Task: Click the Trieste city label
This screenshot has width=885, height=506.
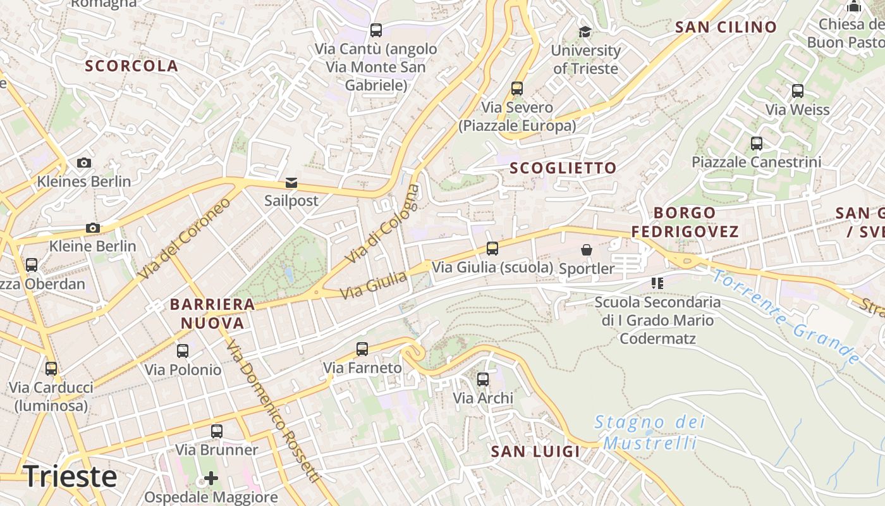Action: [70, 476]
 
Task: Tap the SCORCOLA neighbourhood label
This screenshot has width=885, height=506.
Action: [131, 66]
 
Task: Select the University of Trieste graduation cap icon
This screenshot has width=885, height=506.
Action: [585, 32]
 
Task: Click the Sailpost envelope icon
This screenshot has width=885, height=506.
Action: [291, 183]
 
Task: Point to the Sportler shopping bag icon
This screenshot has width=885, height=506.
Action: [587, 250]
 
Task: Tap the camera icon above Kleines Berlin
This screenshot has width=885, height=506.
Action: [83, 163]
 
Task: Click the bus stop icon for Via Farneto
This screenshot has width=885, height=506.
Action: [362, 349]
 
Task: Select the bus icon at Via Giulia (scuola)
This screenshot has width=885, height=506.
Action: [492, 249]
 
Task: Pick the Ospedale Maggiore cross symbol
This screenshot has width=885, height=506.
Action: [211, 478]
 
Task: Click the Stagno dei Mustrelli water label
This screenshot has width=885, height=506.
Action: [650, 432]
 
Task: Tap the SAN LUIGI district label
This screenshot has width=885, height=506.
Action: [535, 452]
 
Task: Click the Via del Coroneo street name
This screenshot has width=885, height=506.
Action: [185, 239]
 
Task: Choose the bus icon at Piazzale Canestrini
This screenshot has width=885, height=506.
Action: [757, 144]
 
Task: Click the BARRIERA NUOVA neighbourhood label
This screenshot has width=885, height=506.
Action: [212, 314]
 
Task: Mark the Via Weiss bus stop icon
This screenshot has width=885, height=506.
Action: [798, 91]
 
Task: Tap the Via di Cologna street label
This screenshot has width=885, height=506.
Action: [382, 224]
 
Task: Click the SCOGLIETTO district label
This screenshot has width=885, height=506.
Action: [563, 168]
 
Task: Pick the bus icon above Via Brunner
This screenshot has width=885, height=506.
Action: [217, 431]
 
